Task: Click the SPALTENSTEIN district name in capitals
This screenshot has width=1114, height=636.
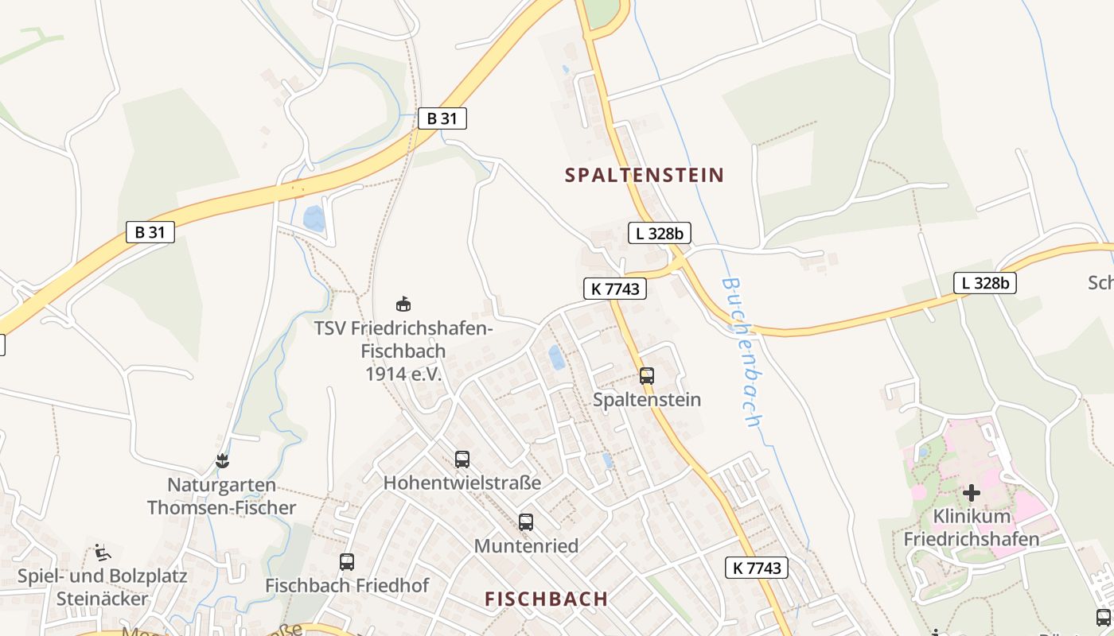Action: (645, 175)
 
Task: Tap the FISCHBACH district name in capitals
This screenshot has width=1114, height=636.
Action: (547, 599)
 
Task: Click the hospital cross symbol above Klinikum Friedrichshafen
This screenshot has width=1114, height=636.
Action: (971, 493)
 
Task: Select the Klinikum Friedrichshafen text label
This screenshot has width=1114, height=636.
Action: (971, 528)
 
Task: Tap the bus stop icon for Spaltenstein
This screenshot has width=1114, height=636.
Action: (647, 376)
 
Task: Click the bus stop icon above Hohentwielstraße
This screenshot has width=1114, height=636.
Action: (462, 459)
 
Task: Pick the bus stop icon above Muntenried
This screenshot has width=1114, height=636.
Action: (526, 522)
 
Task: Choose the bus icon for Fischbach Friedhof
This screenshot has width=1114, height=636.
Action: (347, 562)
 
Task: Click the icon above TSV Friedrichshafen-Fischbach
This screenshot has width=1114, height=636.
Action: (403, 304)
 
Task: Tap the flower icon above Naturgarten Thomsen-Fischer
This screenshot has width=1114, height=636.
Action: (222, 461)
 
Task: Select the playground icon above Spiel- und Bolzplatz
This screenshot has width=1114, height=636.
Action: (102, 552)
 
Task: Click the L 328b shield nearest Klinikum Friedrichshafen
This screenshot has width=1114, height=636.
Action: (985, 282)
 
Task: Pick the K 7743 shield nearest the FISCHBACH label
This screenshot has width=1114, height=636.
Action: (757, 567)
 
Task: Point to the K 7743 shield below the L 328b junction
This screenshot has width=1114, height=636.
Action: (614, 289)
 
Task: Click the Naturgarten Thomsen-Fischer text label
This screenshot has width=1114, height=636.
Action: (221, 496)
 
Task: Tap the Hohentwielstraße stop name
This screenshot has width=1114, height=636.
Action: (462, 483)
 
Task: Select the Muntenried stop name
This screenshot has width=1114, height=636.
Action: (526, 546)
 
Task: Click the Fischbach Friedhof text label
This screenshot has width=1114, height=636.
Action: (347, 586)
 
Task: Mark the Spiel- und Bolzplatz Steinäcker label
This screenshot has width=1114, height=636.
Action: (102, 587)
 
